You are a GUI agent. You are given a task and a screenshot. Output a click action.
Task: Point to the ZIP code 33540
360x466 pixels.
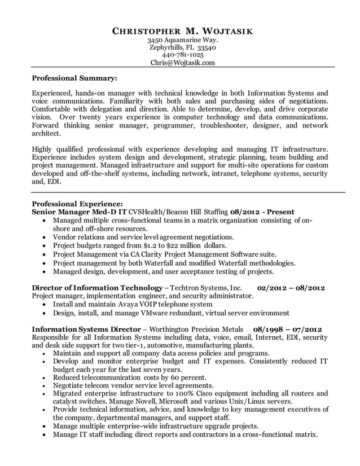(205, 48)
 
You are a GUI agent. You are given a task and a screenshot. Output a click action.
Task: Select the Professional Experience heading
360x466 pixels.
(77, 203)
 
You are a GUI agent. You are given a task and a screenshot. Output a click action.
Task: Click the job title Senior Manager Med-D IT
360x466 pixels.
(79, 212)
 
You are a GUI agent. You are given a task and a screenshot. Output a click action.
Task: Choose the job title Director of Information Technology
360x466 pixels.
(96, 287)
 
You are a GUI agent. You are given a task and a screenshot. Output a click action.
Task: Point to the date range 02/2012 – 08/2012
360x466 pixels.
(291, 287)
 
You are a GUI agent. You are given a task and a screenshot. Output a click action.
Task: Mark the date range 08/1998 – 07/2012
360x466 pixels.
(287, 329)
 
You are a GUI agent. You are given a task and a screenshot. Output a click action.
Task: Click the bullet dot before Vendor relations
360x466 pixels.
(45, 238)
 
